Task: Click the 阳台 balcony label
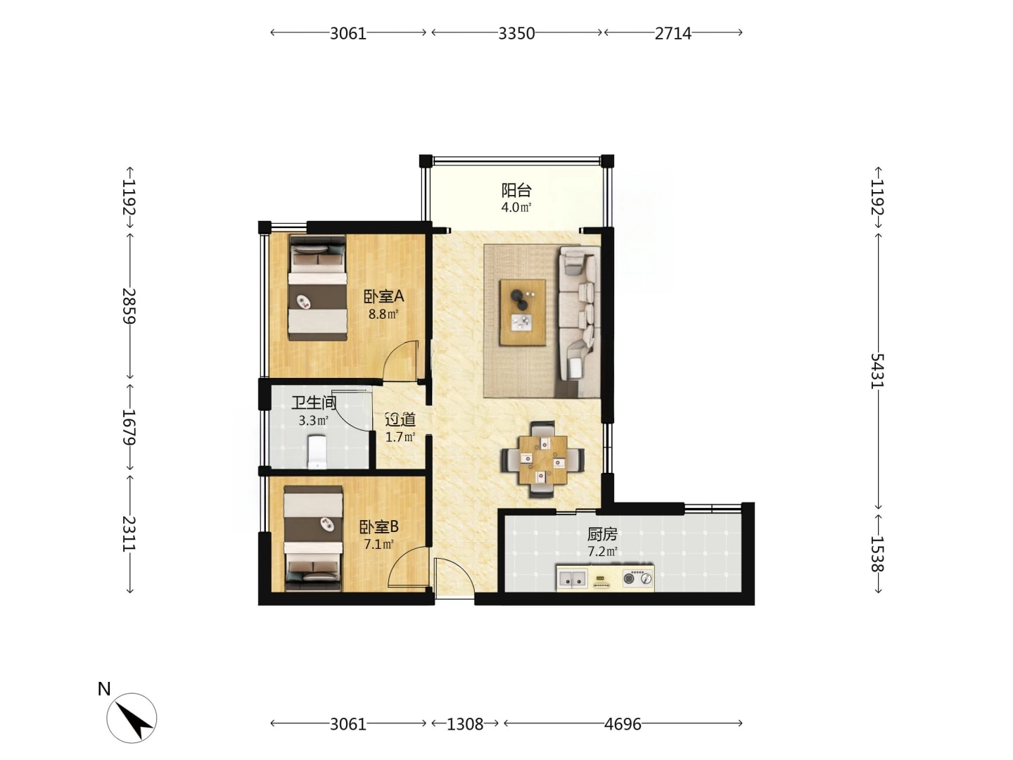pyautogui.click(x=516, y=190)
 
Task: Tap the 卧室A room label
pyautogui.click(x=383, y=296)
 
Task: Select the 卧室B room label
pyautogui.click(x=379, y=526)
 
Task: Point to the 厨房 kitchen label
pyautogui.click(x=601, y=534)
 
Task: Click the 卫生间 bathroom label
pyautogui.click(x=314, y=403)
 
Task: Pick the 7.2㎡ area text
pyautogui.click(x=602, y=552)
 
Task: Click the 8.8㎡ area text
pyautogui.click(x=383, y=315)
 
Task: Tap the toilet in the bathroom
pyautogui.click(x=317, y=452)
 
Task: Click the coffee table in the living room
pyautogui.click(x=523, y=312)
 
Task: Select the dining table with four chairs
pyautogui.click(x=542, y=460)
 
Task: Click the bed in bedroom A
pyautogui.click(x=317, y=288)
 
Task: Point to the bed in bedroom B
pyautogui.click(x=313, y=538)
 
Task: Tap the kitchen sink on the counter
pyautogui.click(x=572, y=578)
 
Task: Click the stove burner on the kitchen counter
pyautogui.click(x=638, y=578)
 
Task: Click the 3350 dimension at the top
pyautogui.click(x=516, y=33)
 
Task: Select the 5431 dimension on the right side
pyautogui.click(x=877, y=371)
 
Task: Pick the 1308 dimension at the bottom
pyautogui.click(x=465, y=724)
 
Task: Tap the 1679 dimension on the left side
pyautogui.click(x=129, y=427)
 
